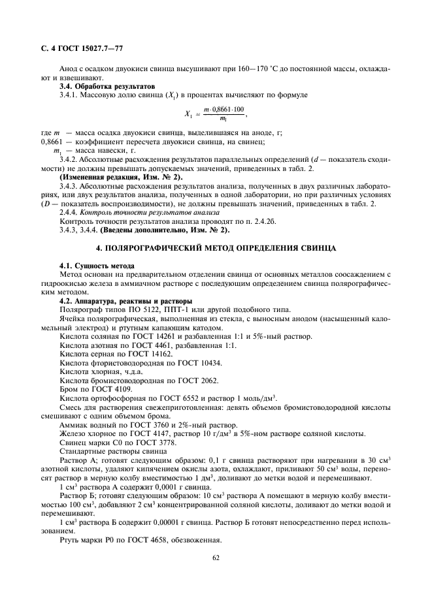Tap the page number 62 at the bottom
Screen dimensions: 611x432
tap(216, 557)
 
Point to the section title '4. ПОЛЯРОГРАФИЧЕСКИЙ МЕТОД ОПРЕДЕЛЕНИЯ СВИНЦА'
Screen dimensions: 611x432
tap(216, 249)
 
